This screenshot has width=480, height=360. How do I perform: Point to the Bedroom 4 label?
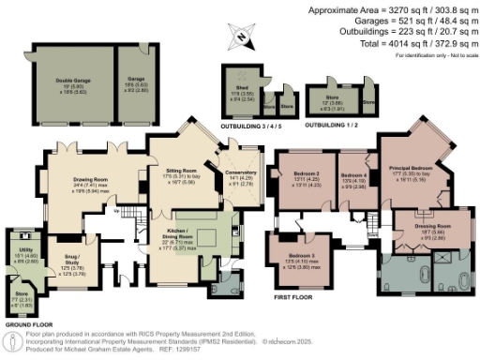coord(353,175)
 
